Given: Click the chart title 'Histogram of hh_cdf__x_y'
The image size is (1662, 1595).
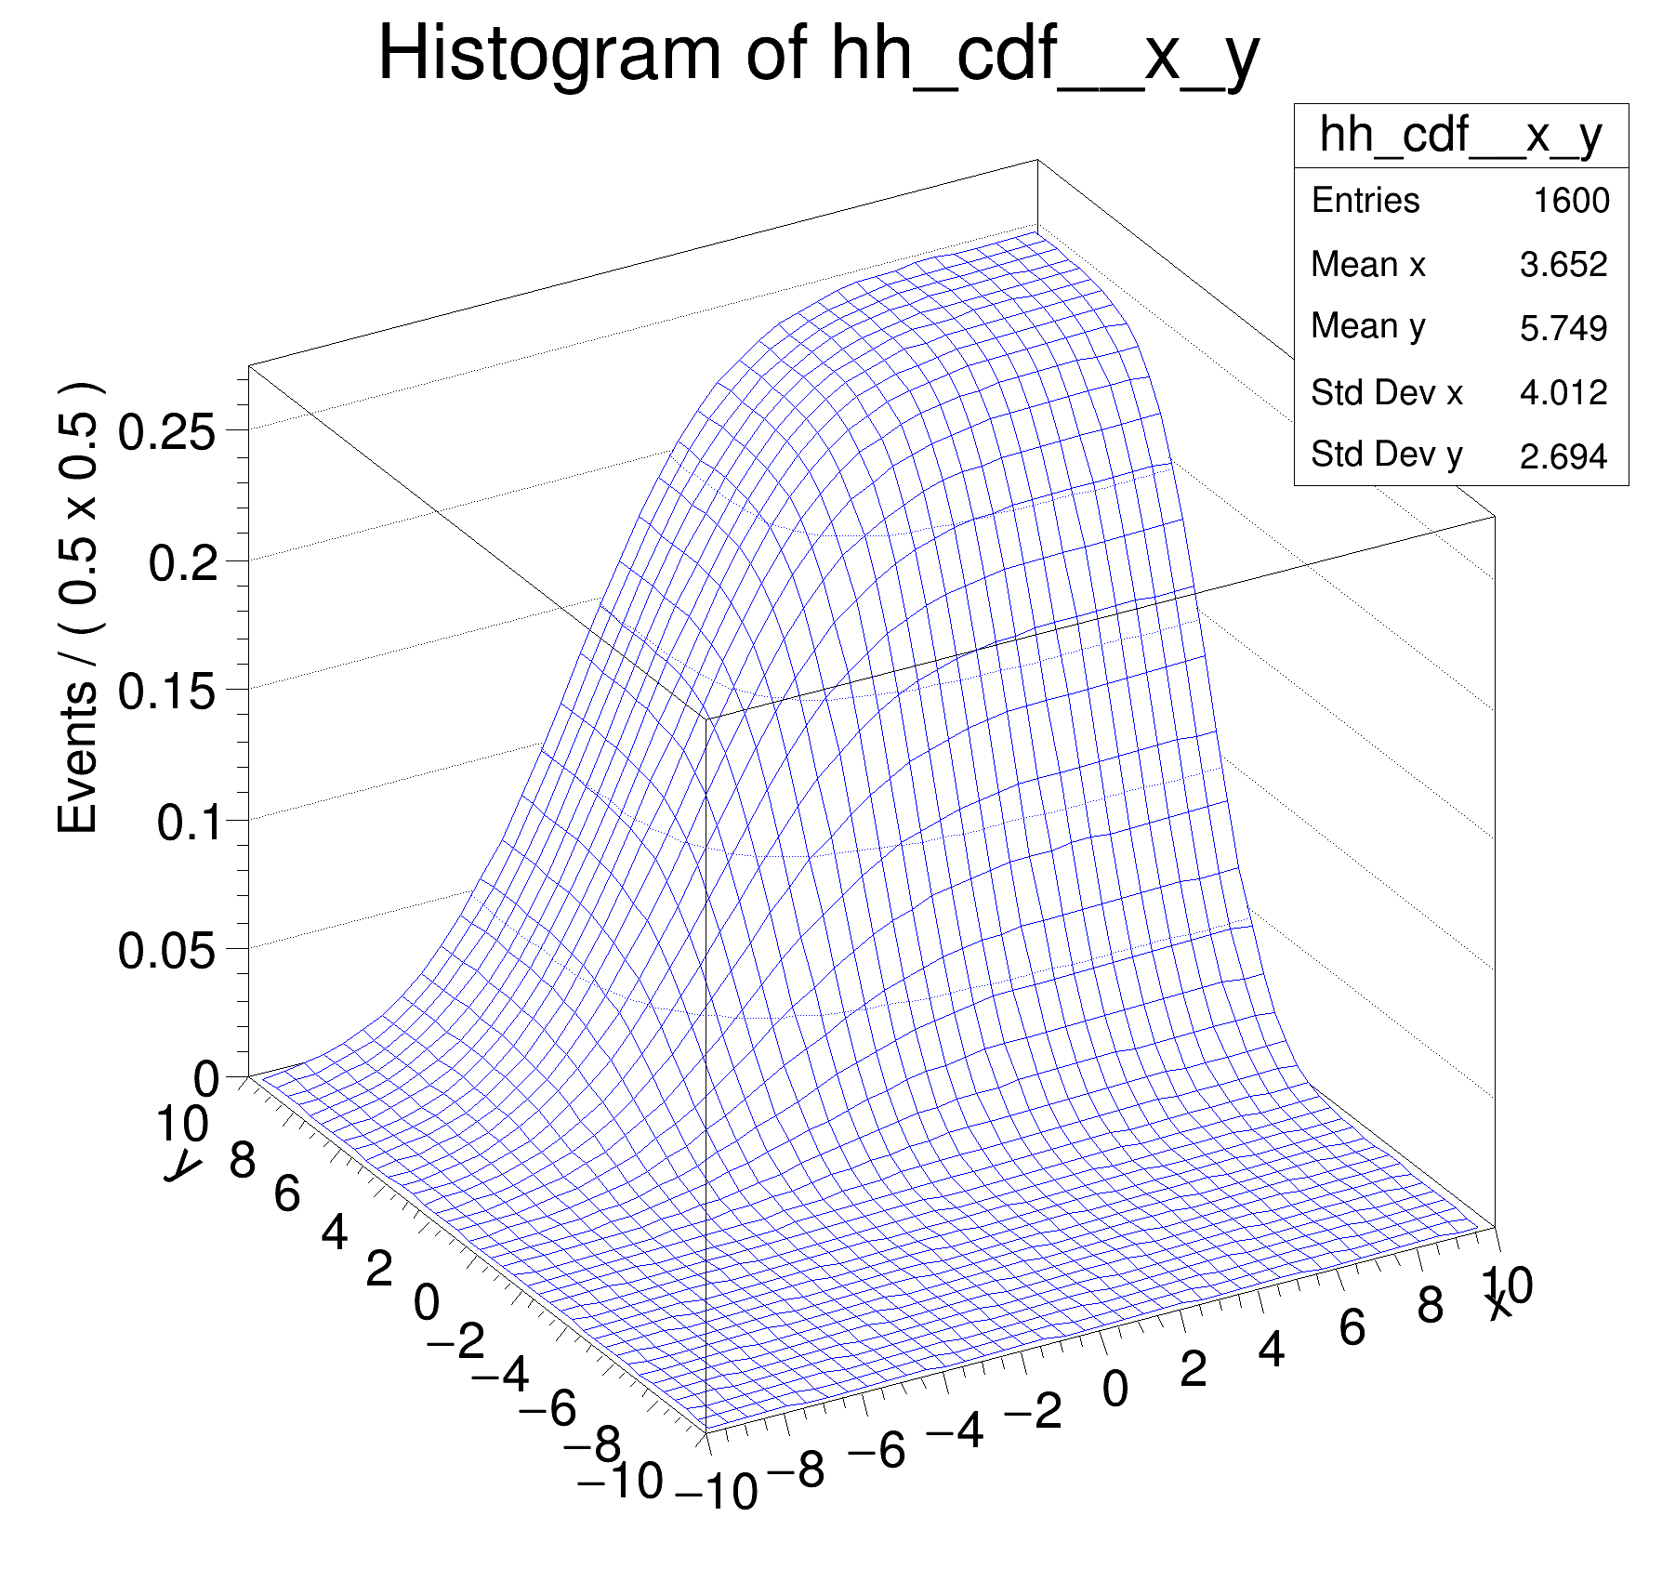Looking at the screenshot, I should pos(818,56).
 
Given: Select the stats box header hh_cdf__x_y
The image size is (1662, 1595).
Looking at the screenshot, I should pos(1460,136).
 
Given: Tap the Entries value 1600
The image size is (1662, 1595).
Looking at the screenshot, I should pos(1571,201).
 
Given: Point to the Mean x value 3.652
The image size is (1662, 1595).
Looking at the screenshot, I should pos(1563,265).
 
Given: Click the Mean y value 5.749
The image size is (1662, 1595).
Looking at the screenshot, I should pos(1563,328).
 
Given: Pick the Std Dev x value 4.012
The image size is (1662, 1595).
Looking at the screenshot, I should pos(1563,392).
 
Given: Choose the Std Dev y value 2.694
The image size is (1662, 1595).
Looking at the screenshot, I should pos(1563,455).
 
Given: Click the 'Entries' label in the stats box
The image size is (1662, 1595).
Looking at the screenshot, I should pos(1365,201).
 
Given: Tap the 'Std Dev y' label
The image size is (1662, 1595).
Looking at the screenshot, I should pos(1386,455).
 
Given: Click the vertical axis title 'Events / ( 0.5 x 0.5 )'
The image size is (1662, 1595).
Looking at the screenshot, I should pos(78,608).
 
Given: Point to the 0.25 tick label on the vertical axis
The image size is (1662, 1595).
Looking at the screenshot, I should pos(167,433).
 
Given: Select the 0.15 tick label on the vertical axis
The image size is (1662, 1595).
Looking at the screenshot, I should pos(167,692).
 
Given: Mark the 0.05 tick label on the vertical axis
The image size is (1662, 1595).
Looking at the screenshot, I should pos(167,952).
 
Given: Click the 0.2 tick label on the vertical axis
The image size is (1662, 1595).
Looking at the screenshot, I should pos(183,563).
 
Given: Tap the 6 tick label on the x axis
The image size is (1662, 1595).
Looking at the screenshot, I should pos(1352,1327).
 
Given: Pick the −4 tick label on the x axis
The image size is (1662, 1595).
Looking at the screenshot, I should pos(955,1430).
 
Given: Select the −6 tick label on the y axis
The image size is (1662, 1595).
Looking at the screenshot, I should pos(547,1408).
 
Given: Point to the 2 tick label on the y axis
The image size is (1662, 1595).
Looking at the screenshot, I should pos(378,1270).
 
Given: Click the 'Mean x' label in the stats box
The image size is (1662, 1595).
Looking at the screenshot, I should pos(1367,265).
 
